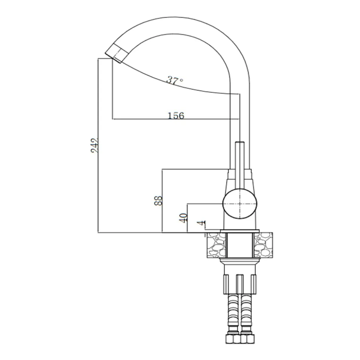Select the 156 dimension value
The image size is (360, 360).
pos(176,116)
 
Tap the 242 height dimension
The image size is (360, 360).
pos(95,146)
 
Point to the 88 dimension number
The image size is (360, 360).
pos(158,201)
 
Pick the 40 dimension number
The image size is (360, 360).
pos(183,218)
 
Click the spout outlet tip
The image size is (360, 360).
pos(113,58)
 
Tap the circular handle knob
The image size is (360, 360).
pos(240,204)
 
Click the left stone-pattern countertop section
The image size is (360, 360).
pos(217,245)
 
